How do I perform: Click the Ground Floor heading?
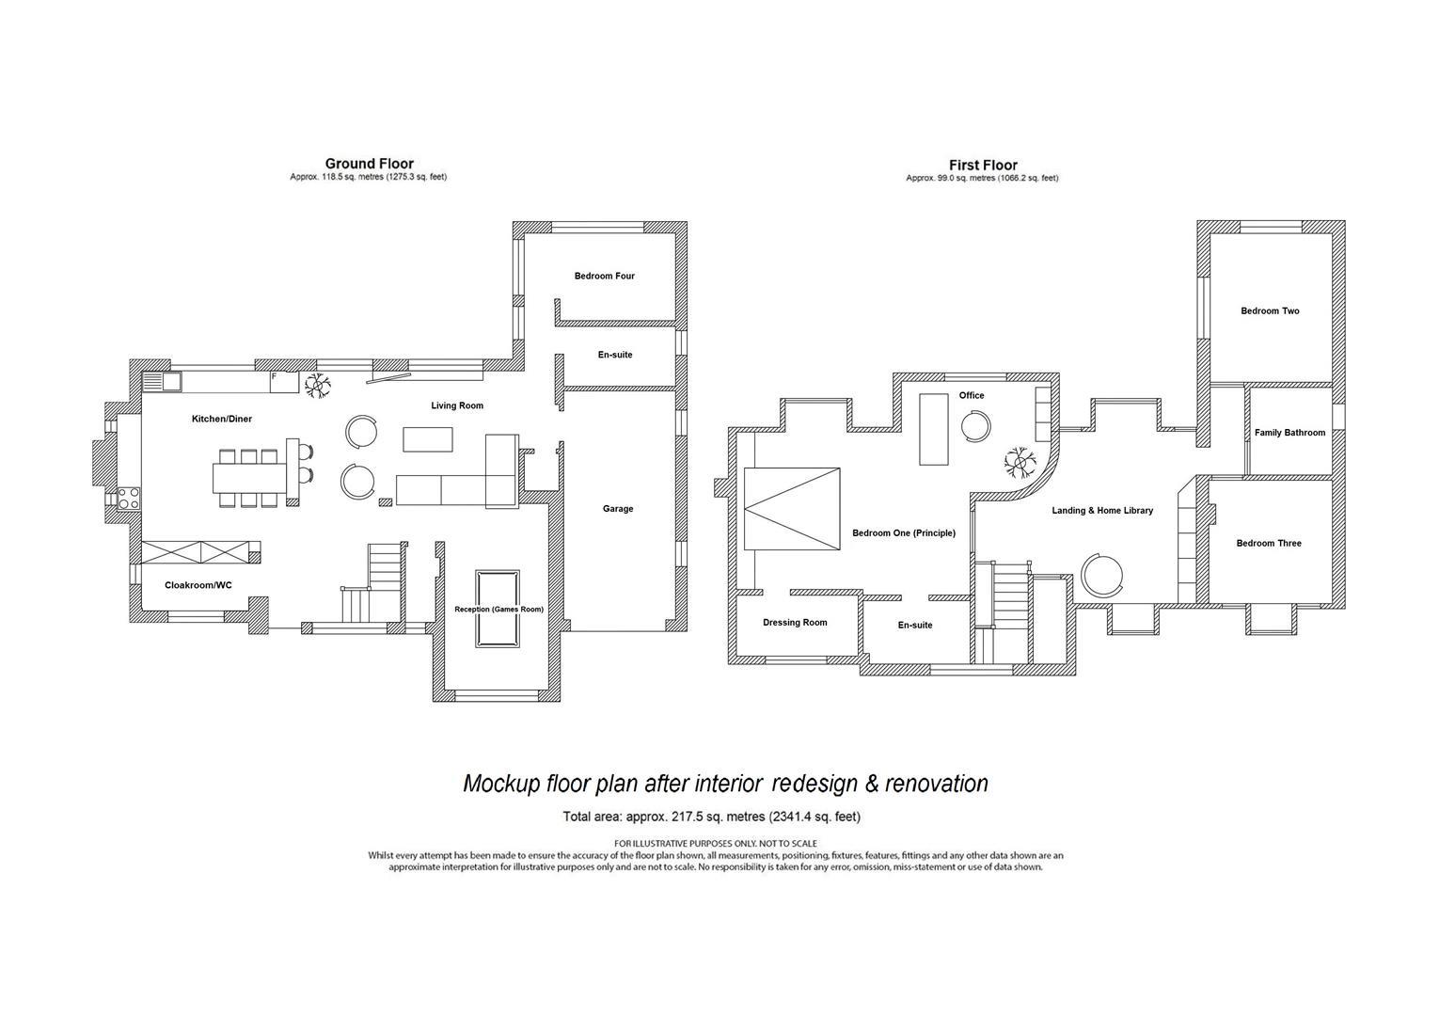click(x=369, y=164)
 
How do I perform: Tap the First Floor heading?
click(x=983, y=165)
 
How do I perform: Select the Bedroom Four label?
click(x=604, y=276)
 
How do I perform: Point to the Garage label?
click(x=618, y=509)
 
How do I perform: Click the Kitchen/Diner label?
click(x=222, y=419)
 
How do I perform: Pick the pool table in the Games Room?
click(x=498, y=609)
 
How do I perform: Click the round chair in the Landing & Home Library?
click(x=1101, y=575)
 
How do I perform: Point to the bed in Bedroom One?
click(x=792, y=509)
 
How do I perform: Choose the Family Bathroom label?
click(x=1289, y=433)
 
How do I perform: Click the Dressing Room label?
click(x=795, y=623)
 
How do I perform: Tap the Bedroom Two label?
click(x=1270, y=311)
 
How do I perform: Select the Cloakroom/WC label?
click(x=198, y=585)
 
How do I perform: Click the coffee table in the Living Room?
click(x=427, y=439)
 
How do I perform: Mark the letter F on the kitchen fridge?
click(x=274, y=376)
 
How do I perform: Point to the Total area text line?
click(x=711, y=817)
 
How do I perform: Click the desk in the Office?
click(x=933, y=429)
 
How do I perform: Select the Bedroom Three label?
click(x=1269, y=543)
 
